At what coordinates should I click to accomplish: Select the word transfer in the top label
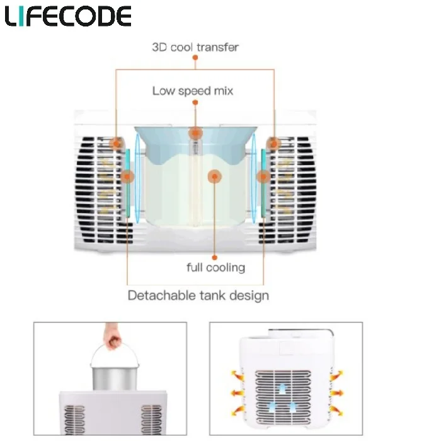click(219, 47)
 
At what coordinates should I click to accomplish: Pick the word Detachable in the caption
click(156, 295)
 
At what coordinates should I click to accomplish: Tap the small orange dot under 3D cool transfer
click(195, 58)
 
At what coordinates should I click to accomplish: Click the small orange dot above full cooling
click(215, 257)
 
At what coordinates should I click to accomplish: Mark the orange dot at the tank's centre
click(215, 177)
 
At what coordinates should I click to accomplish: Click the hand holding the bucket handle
click(113, 341)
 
